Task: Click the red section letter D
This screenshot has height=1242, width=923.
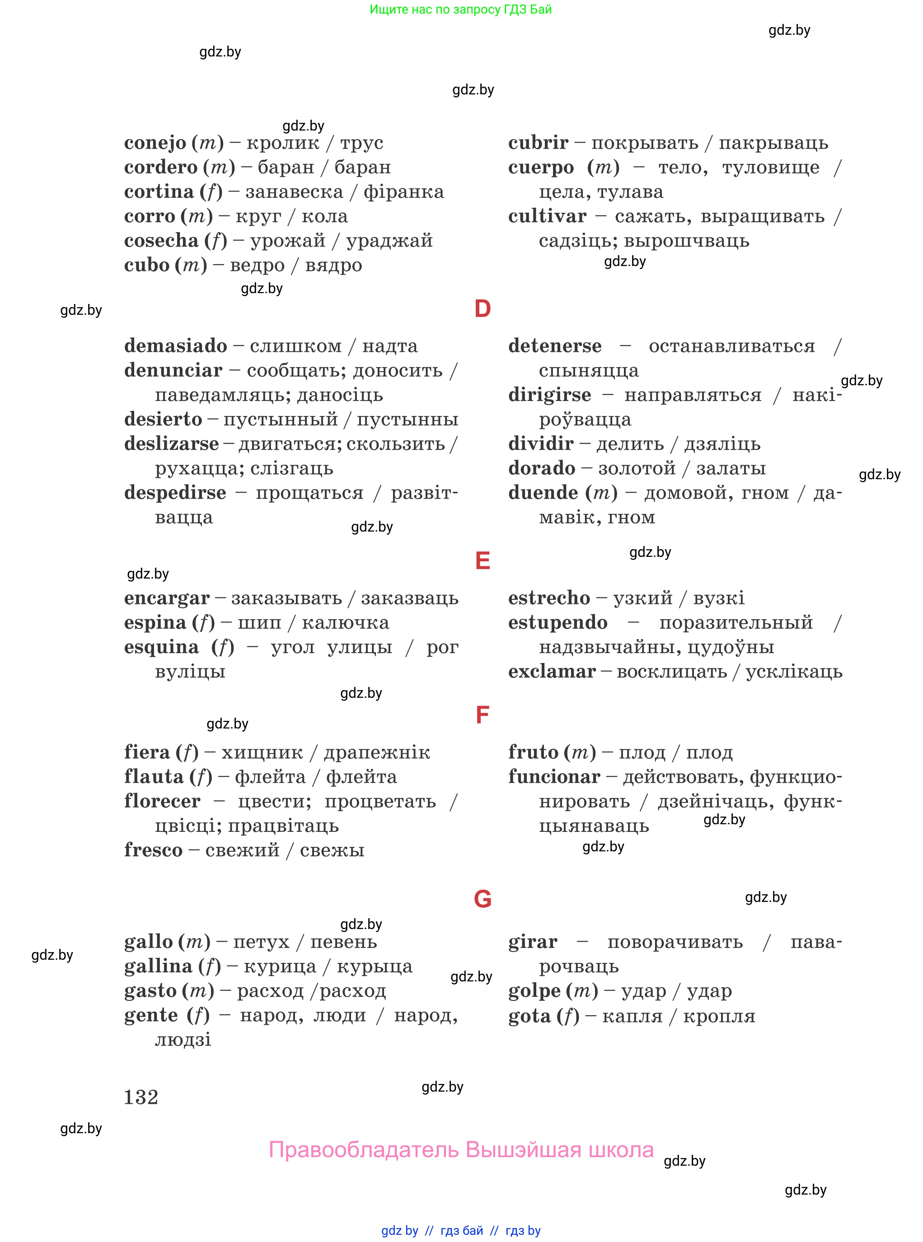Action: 482,309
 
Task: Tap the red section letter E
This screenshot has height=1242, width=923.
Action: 482,560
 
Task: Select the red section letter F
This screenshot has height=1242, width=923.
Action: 482,715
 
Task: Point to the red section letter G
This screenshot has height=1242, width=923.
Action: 482,899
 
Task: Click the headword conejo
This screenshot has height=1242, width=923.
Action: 155,143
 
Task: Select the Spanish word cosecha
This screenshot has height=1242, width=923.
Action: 161,241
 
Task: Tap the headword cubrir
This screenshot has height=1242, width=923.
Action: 538,143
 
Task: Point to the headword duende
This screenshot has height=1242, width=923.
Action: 543,493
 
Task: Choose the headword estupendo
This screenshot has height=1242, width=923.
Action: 558,623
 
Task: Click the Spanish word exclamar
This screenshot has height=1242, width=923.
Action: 552,671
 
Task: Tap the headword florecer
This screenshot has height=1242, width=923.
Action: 162,801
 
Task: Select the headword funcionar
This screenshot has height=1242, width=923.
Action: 554,777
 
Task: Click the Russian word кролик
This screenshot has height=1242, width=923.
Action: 283,143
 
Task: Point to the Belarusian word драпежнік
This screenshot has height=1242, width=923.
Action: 377,753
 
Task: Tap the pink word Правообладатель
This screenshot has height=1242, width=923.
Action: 364,1150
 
